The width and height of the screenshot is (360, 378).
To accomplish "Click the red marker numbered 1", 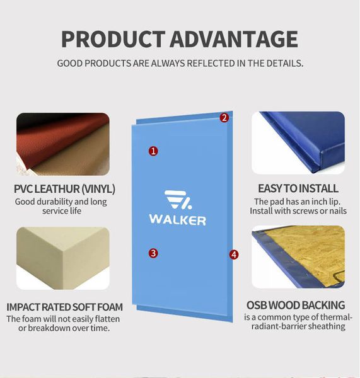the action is [153, 151].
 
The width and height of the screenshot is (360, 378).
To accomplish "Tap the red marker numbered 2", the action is [224, 118].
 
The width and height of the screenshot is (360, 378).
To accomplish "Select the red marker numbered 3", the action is [153, 253].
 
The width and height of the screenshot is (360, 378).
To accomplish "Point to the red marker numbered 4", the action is [234, 255].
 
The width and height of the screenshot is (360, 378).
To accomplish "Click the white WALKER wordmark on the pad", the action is [178, 220].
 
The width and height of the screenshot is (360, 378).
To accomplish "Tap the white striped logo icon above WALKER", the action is [178, 200].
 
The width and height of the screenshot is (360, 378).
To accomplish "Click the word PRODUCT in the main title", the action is [113, 39].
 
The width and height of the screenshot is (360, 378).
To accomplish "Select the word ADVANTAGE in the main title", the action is [234, 39].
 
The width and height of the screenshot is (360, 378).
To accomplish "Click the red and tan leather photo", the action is [63, 144].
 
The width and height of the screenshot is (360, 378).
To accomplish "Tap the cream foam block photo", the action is [63, 258].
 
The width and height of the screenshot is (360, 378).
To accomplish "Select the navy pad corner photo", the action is [298, 143].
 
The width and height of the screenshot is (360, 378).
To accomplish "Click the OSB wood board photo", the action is [298, 257].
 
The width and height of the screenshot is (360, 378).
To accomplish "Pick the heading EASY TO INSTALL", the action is [298, 188].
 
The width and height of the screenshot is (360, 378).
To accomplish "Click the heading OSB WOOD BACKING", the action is [296, 305].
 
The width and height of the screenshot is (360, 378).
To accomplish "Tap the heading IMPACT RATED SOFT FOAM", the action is [64, 307].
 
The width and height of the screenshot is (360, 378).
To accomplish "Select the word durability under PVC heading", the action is [53, 202].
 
